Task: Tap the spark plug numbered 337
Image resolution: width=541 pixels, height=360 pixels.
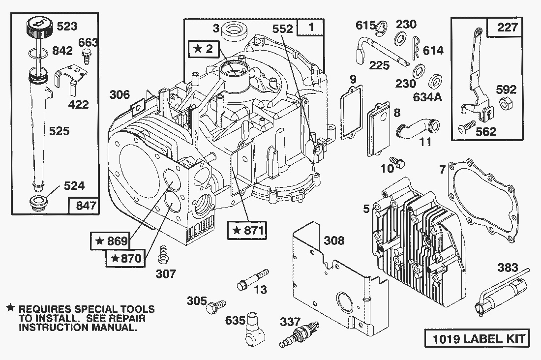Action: pos(299,333)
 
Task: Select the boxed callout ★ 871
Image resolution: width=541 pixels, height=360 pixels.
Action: pos(247,230)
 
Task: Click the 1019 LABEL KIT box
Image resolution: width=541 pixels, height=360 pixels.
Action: pos(477,338)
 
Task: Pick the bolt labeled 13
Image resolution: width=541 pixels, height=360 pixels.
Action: pos(253,279)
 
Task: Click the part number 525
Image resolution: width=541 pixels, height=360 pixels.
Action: pos(59,131)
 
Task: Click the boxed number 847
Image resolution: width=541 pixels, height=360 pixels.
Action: pos(84,206)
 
